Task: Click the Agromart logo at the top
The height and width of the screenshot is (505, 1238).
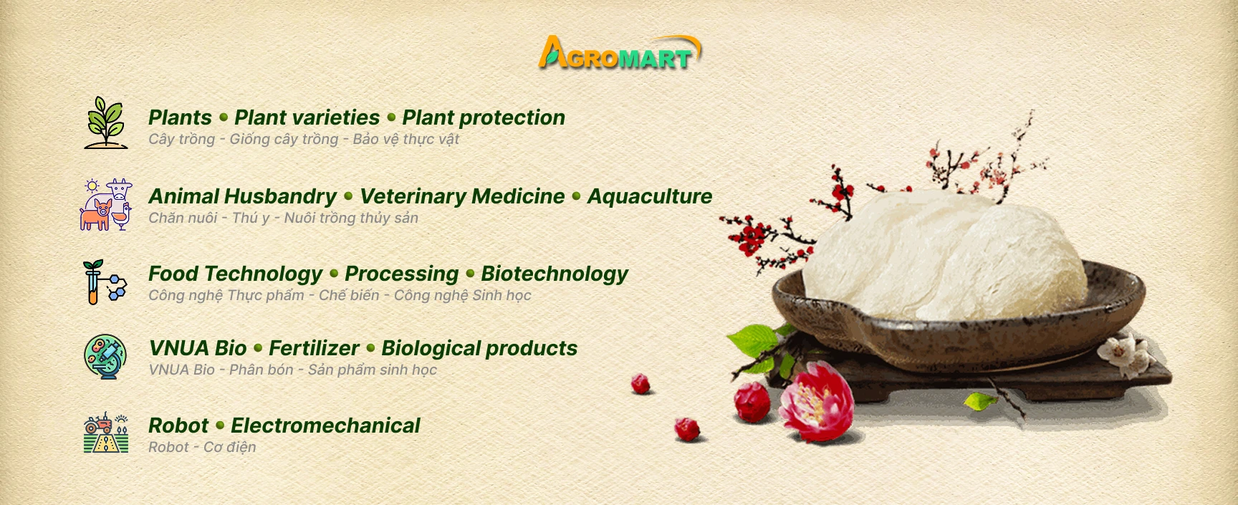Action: (x=620, y=52)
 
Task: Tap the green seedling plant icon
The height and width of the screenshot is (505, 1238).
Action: (x=106, y=122)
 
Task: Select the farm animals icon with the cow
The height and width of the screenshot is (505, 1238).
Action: (x=106, y=204)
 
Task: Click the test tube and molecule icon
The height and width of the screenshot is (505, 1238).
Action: (x=105, y=282)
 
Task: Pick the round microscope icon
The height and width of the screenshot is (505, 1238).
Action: (x=105, y=356)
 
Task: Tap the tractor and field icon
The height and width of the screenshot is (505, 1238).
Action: (x=106, y=433)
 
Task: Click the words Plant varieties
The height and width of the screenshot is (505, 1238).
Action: (x=307, y=117)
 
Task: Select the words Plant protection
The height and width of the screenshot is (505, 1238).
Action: (x=484, y=117)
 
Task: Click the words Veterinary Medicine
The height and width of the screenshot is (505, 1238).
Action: (x=462, y=196)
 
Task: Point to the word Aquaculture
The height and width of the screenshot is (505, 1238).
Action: (x=650, y=196)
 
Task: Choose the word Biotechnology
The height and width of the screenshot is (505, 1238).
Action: (x=555, y=274)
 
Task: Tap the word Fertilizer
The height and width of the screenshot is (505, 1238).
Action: (x=314, y=348)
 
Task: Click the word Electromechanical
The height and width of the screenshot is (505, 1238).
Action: (x=325, y=425)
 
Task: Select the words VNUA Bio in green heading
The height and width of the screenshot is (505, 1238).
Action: (x=198, y=348)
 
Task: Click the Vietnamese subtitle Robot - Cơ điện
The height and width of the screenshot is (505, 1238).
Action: (x=202, y=447)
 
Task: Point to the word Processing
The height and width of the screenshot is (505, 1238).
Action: (x=401, y=274)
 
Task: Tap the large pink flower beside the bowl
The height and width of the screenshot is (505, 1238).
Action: (x=816, y=399)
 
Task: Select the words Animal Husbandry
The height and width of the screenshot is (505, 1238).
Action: (x=242, y=196)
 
